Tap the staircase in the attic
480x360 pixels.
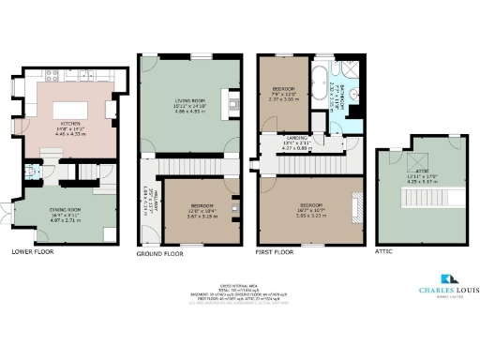click(x=412, y=201)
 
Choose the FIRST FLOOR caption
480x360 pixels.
click(x=277, y=252)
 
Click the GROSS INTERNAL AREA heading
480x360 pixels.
click(x=239, y=285)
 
